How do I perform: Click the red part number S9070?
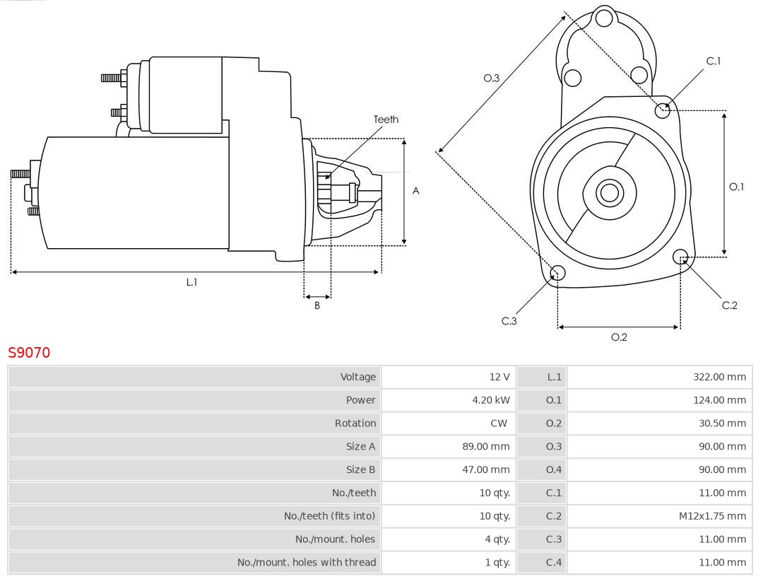click(x=29, y=352)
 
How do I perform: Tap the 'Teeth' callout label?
click(x=386, y=119)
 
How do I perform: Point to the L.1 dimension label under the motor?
click(x=191, y=282)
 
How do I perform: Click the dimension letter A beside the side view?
click(x=416, y=191)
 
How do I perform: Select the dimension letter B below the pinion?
click(x=317, y=305)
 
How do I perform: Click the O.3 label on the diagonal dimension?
click(x=492, y=78)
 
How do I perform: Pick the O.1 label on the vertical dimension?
click(x=736, y=187)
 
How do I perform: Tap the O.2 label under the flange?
click(x=619, y=337)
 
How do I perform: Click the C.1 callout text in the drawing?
click(x=714, y=61)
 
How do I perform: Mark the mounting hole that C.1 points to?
click(x=663, y=110)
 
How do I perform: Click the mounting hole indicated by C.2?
click(x=681, y=257)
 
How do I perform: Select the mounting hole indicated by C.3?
click(x=557, y=274)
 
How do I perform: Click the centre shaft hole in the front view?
click(x=608, y=192)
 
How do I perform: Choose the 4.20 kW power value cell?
click(x=491, y=400)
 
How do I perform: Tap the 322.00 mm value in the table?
click(x=719, y=377)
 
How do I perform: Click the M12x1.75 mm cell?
click(x=712, y=516)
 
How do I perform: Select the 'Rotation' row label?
click(x=355, y=423)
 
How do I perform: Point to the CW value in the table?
click(x=498, y=423)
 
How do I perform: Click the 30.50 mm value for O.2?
click(x=722, y=423)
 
